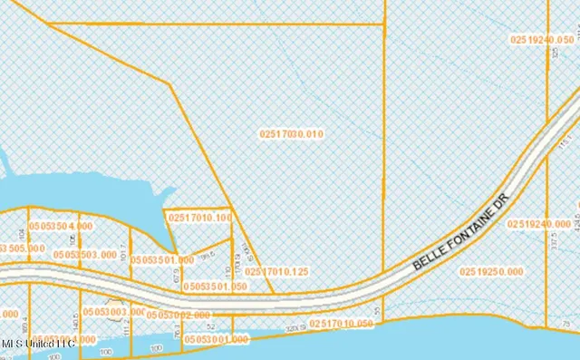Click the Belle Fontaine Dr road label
(463, 230)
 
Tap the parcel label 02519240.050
(542, 40)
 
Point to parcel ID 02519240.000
(539, 224)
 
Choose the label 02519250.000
(491, 271)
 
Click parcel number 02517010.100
(199, 218)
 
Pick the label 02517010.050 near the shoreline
(342, 323)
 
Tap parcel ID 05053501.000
(162, 259)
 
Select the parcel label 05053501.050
(215, 286)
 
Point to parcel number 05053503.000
(86, 255)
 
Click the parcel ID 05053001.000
(216, 339)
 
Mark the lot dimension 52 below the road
(210, 325)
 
